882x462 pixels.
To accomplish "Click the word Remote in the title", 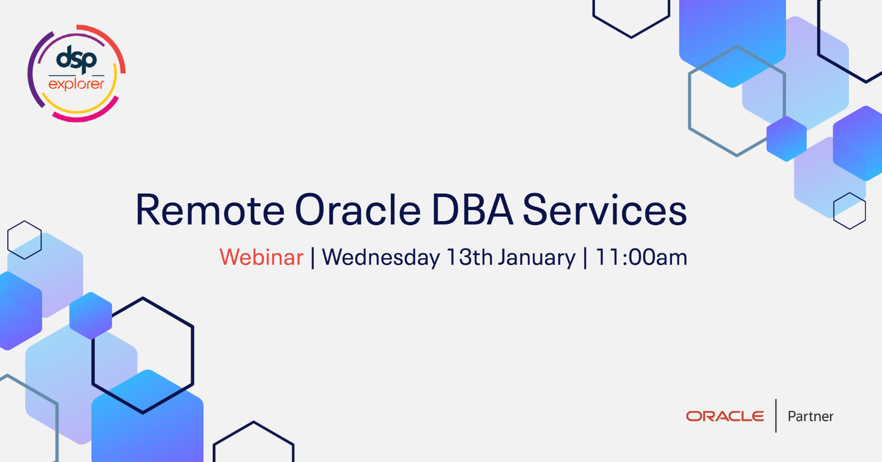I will click(x=210, y=210).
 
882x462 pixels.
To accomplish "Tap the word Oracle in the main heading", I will click(x=357, y=210).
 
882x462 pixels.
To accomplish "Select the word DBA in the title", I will click(x=472, y=210).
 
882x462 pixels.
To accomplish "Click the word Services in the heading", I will click(x=605, y=210).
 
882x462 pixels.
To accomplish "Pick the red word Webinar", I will click(x=261, y=257).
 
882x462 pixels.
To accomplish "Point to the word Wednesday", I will click(x=381, y=257).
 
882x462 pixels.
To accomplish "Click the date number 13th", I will click(x=469, y=257).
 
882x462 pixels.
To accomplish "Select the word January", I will click(x=537, y=257).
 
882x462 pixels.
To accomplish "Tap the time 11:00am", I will click(x=641, y=257).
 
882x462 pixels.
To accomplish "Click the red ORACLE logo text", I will click(x=725, y=416).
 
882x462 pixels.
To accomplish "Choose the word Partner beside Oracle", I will click(x=810, y=416).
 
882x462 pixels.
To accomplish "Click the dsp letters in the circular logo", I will click(x=76, y=58).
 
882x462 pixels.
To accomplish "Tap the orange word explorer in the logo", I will click(x=76, y=84).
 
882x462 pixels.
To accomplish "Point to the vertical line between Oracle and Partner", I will click(x=776, y=416).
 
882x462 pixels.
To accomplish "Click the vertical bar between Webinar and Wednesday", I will click(x=313, y=257).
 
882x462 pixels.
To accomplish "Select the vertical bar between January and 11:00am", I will click(x=585, y=257).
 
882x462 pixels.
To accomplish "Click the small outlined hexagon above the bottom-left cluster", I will click(x=24, y=240).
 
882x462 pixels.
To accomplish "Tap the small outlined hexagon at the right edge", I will click(x=849, y=211).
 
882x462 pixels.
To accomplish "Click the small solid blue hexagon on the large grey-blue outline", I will click(x=786, y=139).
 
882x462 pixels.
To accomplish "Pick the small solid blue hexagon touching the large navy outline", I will click(x=90, y=316).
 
